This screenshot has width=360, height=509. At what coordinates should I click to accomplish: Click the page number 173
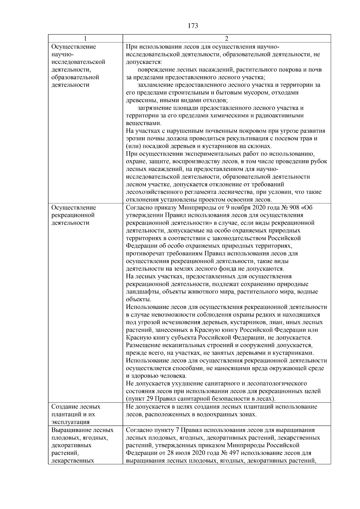[193, 26]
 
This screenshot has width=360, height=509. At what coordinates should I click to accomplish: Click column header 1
[85, 39]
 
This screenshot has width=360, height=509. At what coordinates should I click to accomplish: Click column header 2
[226, 39]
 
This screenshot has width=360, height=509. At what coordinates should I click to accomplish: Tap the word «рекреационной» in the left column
[73, 215]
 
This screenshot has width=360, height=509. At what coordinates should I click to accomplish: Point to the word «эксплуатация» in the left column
[70, 422]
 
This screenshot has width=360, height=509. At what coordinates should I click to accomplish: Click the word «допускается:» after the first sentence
[144, 62]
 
